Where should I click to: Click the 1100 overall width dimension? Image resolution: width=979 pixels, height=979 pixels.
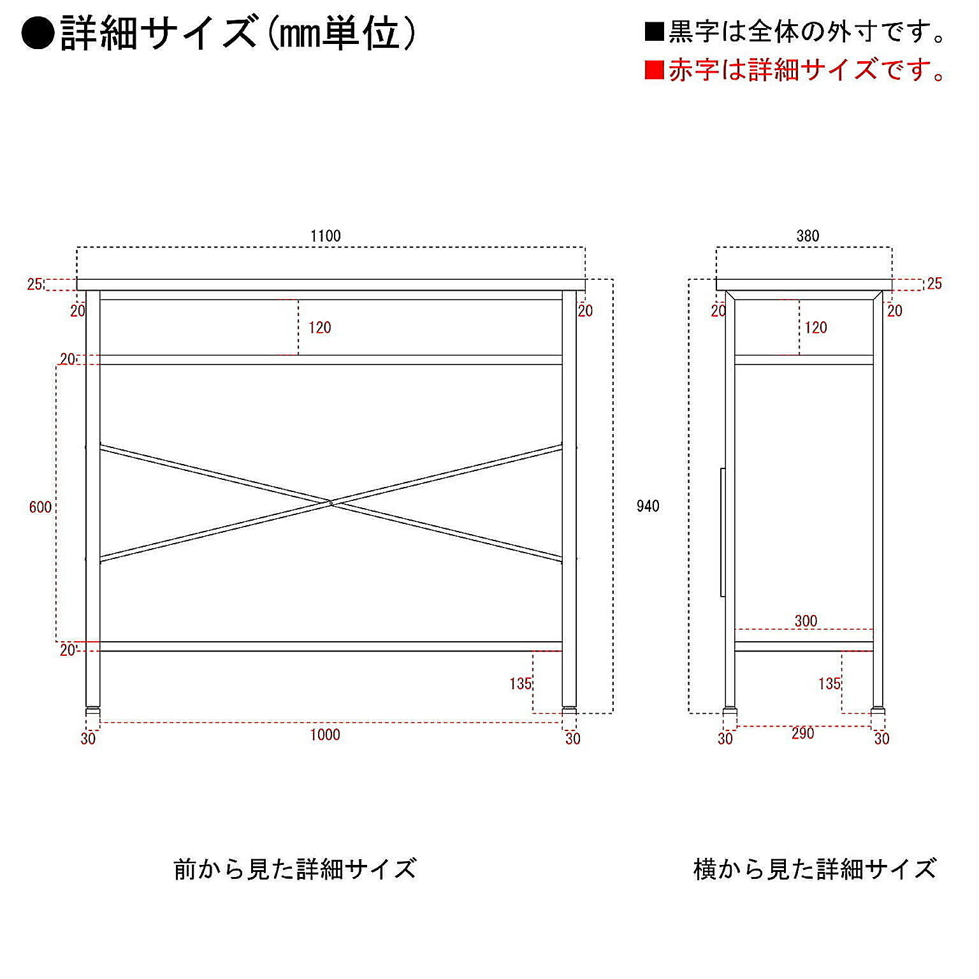[x=326, y=236]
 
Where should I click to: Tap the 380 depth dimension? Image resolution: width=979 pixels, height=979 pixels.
[x=808, y=236]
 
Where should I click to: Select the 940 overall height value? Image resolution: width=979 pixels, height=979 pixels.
[x=648, y=506]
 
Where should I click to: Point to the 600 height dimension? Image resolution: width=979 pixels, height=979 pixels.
[x=40, y=507]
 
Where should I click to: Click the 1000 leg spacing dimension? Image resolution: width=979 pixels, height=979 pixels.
[x=325, y=735]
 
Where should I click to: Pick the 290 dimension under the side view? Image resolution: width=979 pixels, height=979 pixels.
[x=803, y=734]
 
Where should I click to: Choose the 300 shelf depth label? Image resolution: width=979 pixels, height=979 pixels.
[x=806, y=621]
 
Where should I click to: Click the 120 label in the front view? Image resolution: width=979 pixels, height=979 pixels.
[x=320, y=328]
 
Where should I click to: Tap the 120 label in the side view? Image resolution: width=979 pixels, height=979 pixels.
[x=816, y=328]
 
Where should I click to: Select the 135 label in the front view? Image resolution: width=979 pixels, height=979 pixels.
[x=520, y=684]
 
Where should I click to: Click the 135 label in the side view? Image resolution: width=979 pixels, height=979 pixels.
[x=829, y=684]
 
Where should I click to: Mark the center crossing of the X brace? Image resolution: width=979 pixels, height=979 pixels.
[x=331, y=504]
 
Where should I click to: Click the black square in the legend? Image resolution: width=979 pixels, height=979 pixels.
[x=655, y=32]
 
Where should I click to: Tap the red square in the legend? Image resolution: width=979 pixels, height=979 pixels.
[x=655, y=69]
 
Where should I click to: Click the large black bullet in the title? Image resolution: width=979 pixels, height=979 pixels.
[x=38, y=34]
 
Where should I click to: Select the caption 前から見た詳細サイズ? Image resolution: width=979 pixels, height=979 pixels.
[x=295, y=869]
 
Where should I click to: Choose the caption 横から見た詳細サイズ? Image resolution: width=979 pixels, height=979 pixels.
[x=815, y=869]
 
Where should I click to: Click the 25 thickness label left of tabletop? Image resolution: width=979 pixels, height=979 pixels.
[x=34, y=284]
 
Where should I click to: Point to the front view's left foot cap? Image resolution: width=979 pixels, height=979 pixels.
[x=93, y=709]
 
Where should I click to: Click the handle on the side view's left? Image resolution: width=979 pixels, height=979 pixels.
[x=723, y=532]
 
